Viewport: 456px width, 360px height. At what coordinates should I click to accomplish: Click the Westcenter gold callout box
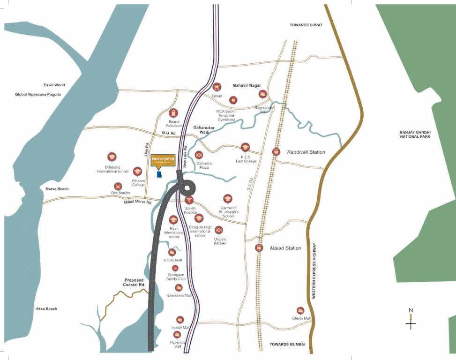tap(163, 160)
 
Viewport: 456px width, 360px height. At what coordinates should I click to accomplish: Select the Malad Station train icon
tap(259, 247)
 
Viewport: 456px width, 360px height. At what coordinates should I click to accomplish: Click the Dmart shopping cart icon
tap(217, 87)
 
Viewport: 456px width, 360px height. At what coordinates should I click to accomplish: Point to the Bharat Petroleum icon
tap(173, 113)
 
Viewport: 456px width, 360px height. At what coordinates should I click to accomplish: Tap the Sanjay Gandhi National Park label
tap(415, 134)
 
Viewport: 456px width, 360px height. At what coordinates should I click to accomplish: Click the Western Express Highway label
tap(314, 270)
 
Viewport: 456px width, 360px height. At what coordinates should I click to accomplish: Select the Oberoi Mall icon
tap(300, 310)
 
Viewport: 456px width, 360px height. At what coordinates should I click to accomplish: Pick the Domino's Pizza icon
tap(199, 155)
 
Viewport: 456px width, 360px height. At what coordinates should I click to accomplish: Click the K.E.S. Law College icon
tap(245, 147)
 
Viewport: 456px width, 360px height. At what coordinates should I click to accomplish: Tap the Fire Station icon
tap(118, 186)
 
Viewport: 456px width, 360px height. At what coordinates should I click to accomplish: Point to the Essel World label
tap(54, 85)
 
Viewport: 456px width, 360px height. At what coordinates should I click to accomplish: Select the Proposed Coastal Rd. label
tap(134, 282)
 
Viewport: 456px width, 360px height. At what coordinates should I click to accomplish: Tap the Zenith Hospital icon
tap(189, 201)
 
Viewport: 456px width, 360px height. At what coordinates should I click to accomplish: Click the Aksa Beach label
tap(46, 308)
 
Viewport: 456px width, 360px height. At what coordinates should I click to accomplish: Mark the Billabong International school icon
tap(112, 157)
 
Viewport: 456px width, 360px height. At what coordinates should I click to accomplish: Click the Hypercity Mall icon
tap(177, 334)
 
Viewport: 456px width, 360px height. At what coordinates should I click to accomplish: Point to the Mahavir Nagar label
tap(247, 85)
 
